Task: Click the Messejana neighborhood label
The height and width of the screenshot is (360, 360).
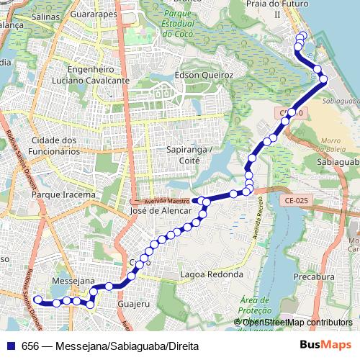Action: tap(74, 280)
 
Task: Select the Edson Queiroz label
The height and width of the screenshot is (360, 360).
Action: tap(204, 75)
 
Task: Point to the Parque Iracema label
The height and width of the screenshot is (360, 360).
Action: tap(64, 194)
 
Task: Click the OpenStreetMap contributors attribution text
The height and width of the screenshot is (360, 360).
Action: tap(297, 322)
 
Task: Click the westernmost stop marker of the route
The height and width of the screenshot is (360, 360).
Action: tap(38, 300)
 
